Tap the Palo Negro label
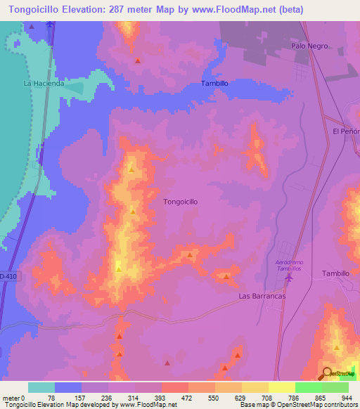(x=309, y=46)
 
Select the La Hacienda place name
(x=44, y=83)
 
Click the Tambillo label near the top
(x=214, y=83)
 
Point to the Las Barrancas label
(x=262, y=297)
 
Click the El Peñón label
(x=347, y=131)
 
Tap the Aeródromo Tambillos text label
(x=285, y=266)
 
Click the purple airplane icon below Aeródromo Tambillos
(x=288, y=278)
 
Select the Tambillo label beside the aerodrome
(x=335, y=273)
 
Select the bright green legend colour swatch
(x=308, y=387)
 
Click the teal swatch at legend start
(x=41, y=387)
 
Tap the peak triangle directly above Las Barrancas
(x=226, y=276)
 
